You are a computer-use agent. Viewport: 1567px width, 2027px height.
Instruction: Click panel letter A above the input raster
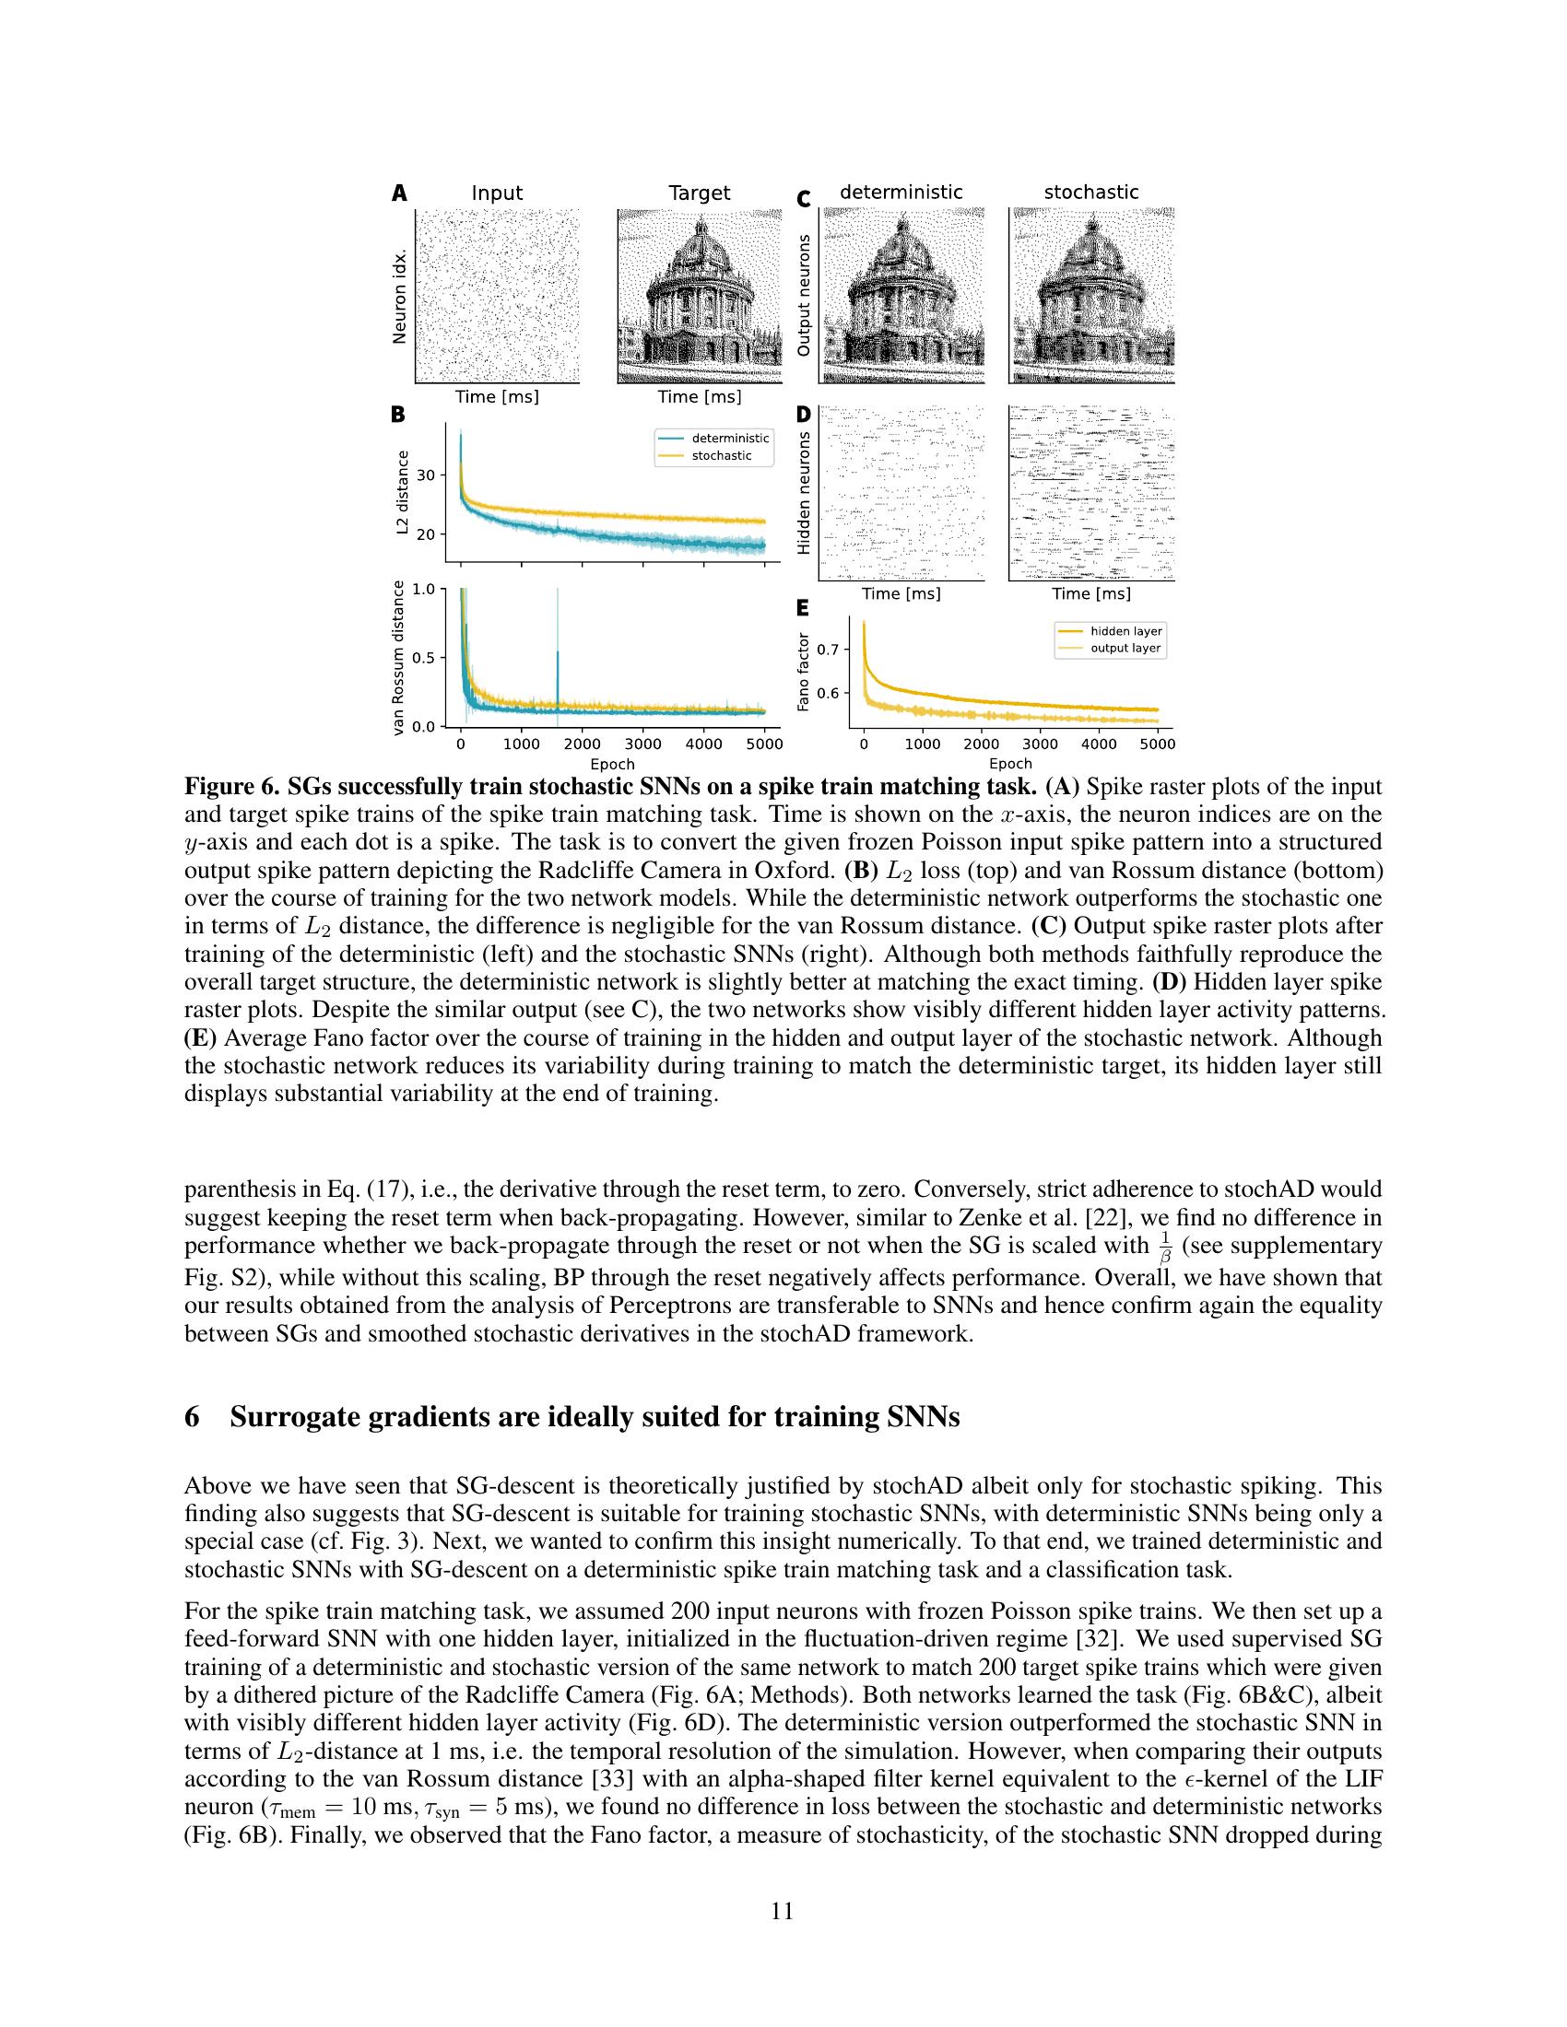click(399, 193)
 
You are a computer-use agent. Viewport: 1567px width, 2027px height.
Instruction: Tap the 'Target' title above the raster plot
click(699, 193)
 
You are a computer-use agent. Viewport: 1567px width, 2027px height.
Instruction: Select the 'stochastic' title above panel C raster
click(1090, 193)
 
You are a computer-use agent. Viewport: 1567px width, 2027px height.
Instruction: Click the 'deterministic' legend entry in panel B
click(730, 438)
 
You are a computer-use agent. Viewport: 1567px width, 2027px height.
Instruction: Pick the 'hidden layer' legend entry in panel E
click(1125, 631)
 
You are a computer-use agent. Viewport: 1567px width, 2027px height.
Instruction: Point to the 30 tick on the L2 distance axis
click(426, 475)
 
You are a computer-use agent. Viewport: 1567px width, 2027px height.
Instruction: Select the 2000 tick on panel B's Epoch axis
click(582, 744)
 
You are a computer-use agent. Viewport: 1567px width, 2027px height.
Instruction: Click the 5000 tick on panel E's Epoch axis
click(1157, 744)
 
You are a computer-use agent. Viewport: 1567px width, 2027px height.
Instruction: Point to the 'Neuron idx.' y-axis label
click(400, 296)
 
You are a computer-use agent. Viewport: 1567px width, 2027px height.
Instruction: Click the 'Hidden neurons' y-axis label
click(804, 493)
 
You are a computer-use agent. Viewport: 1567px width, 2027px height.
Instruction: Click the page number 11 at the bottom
click(783, 1911)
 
